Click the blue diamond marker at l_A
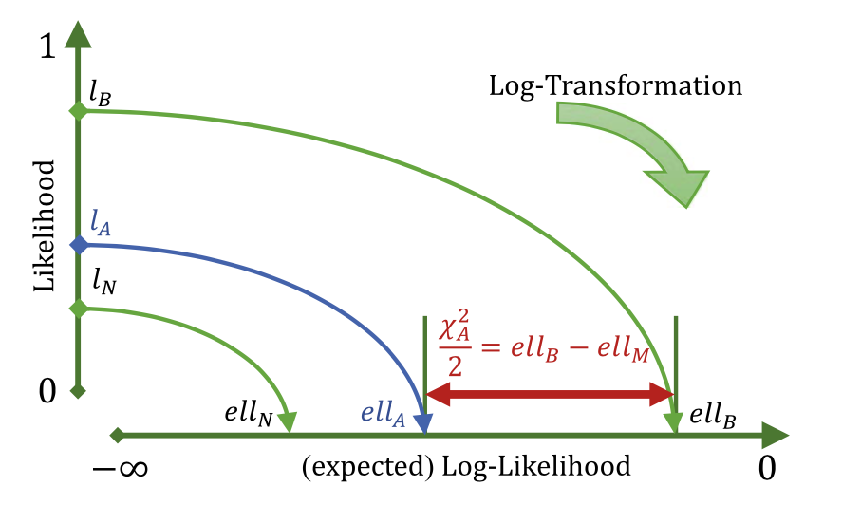(79, 245)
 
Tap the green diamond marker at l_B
(79, 111)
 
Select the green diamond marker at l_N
(79, 308)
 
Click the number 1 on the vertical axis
(47, 48)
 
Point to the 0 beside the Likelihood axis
(47, 389)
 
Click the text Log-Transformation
(614, 86)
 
